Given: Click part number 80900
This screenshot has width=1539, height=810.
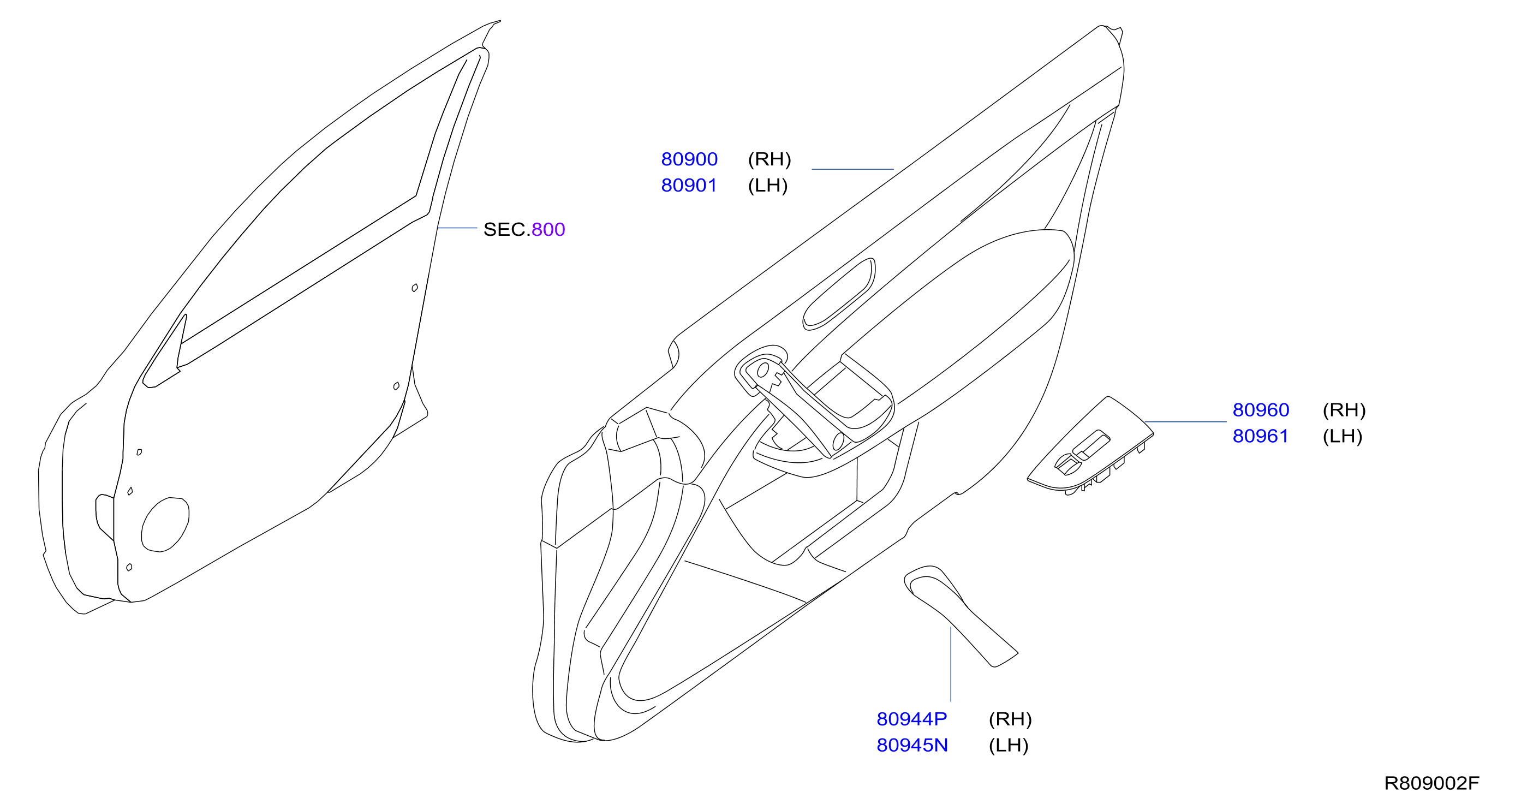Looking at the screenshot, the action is [689, 159].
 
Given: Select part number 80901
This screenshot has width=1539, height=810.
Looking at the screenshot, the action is [688, 185].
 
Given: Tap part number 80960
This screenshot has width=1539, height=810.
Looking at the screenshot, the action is [1261, 410].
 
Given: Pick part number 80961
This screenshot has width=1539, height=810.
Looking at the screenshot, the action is [1260, 436].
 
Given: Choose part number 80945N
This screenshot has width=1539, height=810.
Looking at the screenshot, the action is [912, 745].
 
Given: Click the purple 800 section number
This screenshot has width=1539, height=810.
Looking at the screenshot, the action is [548, 229].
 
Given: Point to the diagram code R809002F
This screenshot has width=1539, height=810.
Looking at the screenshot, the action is [1431, 783].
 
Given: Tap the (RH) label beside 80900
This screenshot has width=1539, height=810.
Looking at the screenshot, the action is [769, 159].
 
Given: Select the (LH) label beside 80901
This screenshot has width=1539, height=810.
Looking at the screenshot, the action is [768, 185].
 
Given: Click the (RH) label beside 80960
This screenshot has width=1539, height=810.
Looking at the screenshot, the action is [1344, 410].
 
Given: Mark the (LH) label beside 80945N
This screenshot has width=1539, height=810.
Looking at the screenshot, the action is [1009, 745].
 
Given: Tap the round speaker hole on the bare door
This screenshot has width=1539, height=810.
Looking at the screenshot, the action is [165, 525].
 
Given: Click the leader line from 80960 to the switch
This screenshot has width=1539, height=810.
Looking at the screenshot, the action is [1185, 422].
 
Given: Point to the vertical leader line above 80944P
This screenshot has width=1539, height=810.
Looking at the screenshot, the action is [951, 664].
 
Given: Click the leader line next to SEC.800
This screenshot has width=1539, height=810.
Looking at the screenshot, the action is [457, 228].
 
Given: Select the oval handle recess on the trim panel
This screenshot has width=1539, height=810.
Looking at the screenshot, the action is [839, 294].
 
